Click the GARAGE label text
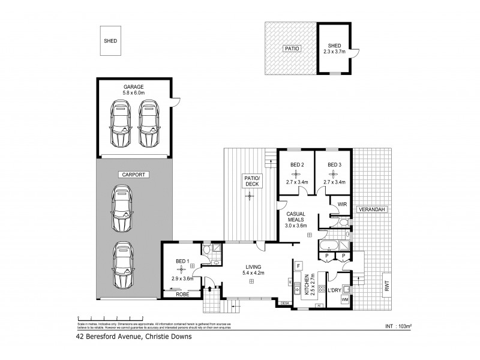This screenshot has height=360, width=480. pos(134,87)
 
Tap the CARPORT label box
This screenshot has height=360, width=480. pos(134,174)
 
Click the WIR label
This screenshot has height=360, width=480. pos(343,204)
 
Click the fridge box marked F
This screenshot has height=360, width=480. pos(298,265)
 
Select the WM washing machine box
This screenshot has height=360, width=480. pos(344,299)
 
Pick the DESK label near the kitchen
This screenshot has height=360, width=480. pos(286,304)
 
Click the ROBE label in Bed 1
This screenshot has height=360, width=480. pos(182,295)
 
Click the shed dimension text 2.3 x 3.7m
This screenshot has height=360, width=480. pos(335,52)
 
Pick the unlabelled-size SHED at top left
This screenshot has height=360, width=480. pos(110,41)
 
